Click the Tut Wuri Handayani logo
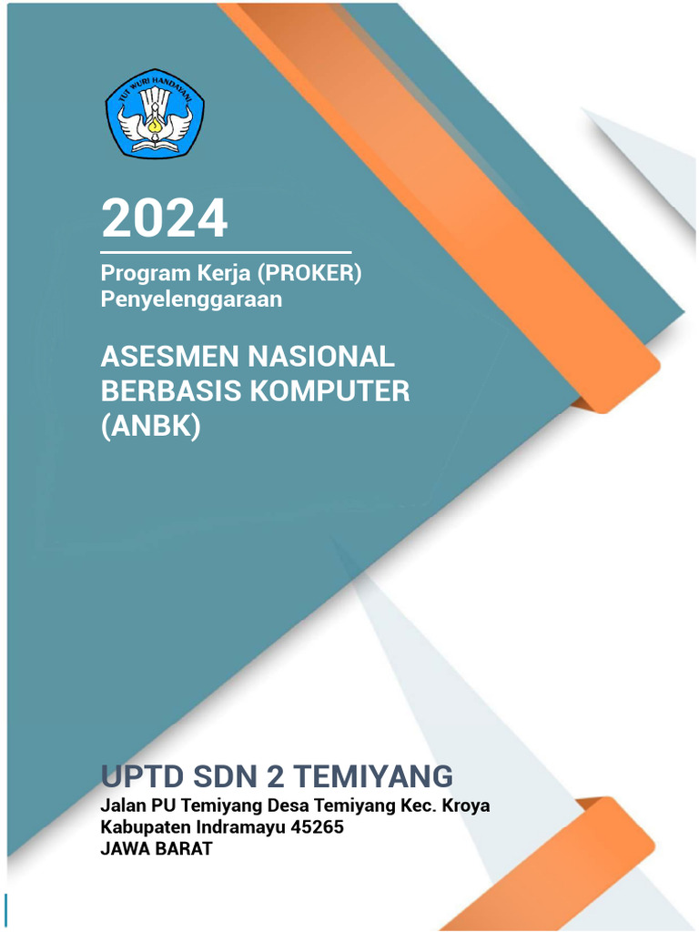click(x=155, y=112)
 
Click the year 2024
click(x=165, y=218)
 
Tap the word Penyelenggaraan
click(x=191, y=299)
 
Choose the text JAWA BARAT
click(x=157, y=850)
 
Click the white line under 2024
click(x=226, y=251)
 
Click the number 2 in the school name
click(x=273, y=776)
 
